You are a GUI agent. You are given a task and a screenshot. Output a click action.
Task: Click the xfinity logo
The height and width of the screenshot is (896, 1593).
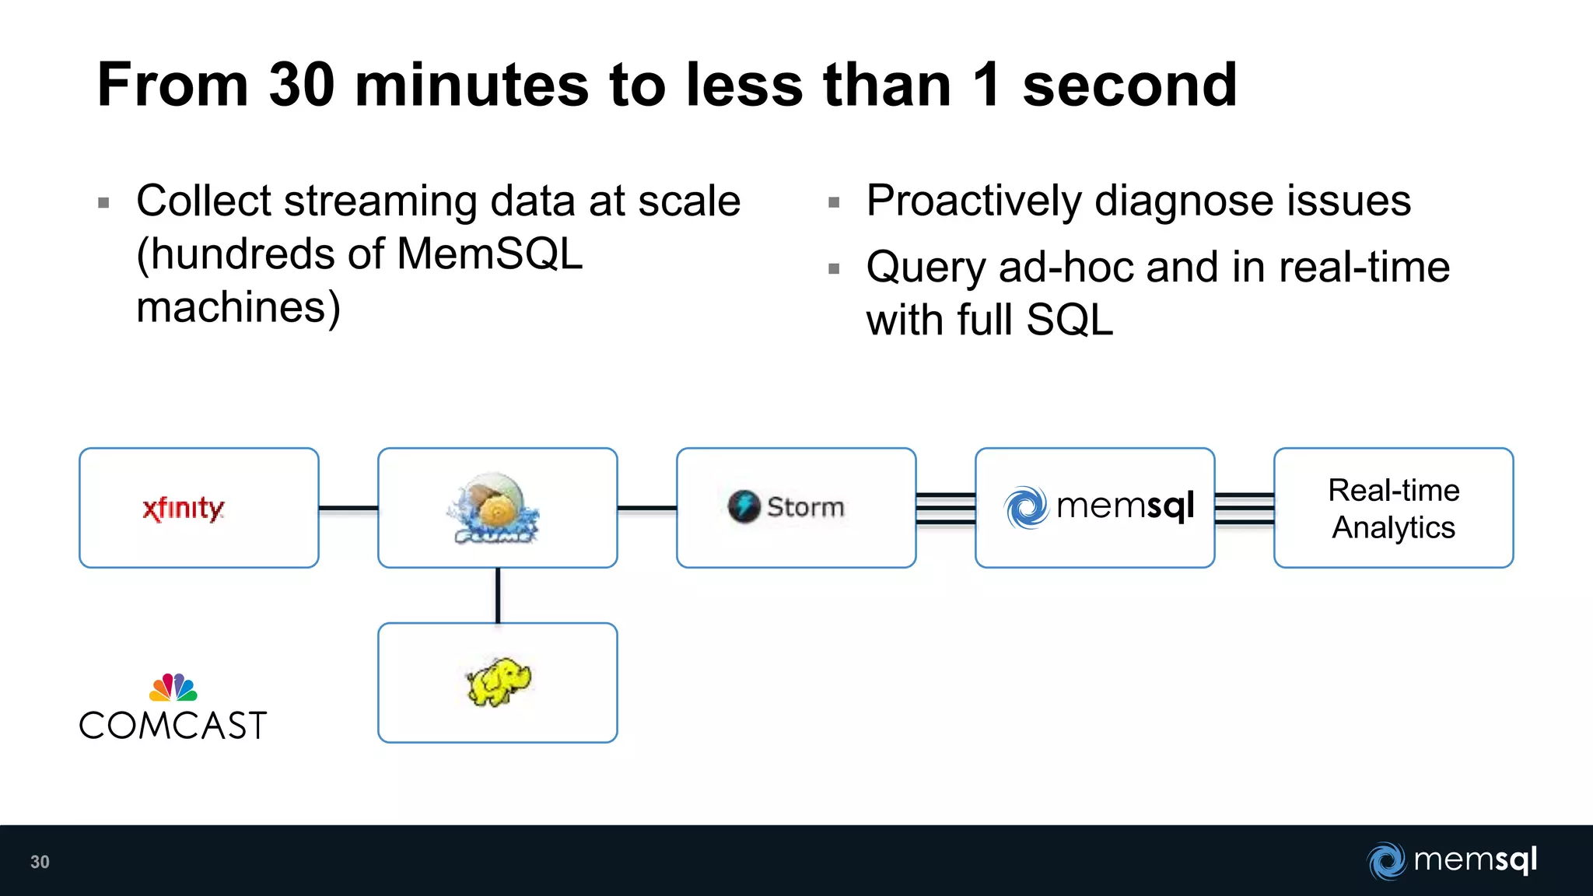point(184,509)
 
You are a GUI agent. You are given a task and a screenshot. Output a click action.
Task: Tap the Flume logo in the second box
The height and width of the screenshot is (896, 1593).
point(493,508)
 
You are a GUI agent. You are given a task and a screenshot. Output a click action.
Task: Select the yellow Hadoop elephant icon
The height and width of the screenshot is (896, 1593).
point(498,682)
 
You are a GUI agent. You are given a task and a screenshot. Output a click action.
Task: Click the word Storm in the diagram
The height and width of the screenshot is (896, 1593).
point(805,507)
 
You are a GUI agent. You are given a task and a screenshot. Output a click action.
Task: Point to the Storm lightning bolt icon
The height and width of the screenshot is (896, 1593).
point(744,506)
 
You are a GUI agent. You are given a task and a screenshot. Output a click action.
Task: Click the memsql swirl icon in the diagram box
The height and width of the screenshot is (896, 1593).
point(1026,507)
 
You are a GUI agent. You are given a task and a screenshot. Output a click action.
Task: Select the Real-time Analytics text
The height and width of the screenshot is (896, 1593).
point(1393,509)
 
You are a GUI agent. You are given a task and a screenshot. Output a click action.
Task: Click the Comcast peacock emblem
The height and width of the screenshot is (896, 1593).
point(173,687)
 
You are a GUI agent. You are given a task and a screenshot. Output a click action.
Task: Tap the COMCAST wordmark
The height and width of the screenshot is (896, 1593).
point(173,726)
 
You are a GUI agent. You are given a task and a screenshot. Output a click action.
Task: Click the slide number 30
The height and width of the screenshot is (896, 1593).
point(40,862)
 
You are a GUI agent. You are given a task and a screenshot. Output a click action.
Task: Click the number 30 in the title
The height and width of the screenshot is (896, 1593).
point(302,85)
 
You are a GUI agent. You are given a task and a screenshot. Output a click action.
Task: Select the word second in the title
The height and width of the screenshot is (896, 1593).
point(1129,85)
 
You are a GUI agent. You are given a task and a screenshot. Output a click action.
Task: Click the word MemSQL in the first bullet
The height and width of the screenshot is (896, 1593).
point(489,254)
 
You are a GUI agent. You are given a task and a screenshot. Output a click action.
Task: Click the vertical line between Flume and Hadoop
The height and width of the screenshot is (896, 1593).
point(498,595)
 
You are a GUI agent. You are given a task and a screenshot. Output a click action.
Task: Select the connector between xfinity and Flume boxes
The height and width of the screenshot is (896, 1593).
point(348,508)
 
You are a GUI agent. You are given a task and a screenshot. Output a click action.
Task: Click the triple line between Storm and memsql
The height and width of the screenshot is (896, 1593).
point(945,509)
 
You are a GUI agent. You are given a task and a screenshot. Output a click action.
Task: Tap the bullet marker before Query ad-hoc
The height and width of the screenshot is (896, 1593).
point(835,269)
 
